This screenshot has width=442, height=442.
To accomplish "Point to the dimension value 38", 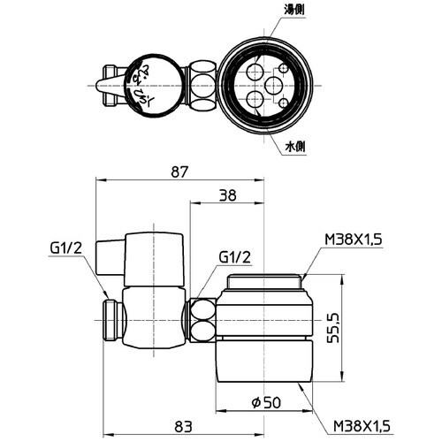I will pos(228,199).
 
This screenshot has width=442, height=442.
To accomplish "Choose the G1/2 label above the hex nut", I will pos(234,257).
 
